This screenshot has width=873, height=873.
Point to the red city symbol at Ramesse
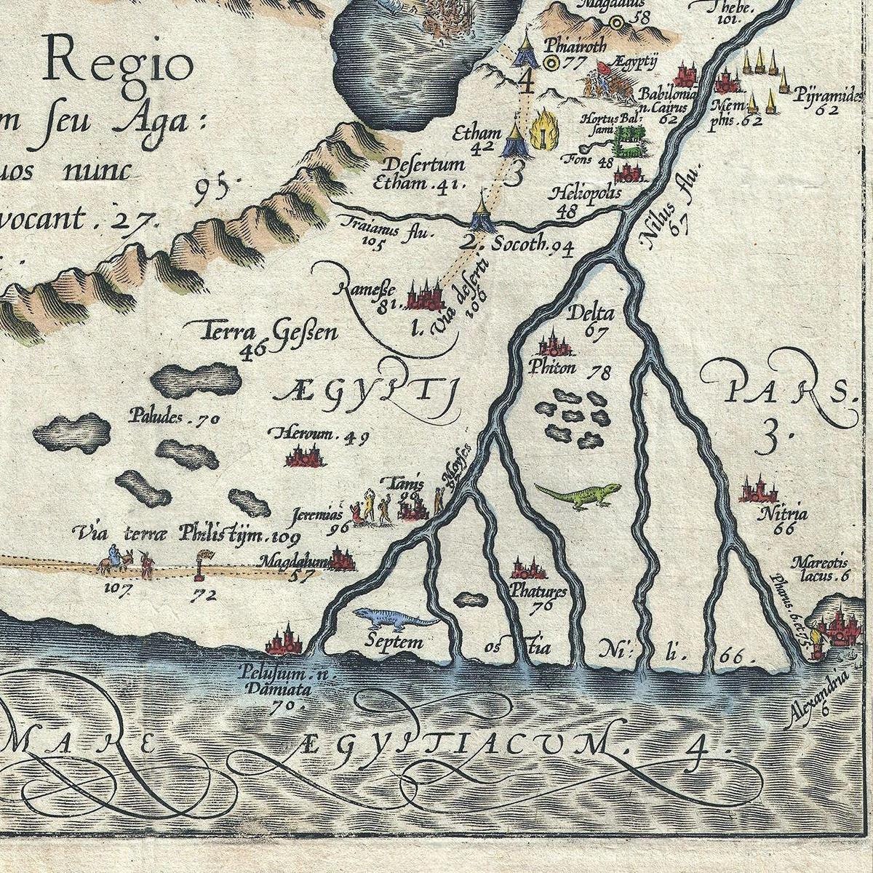[425, 295]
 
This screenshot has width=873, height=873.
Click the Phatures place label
[538, 591]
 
